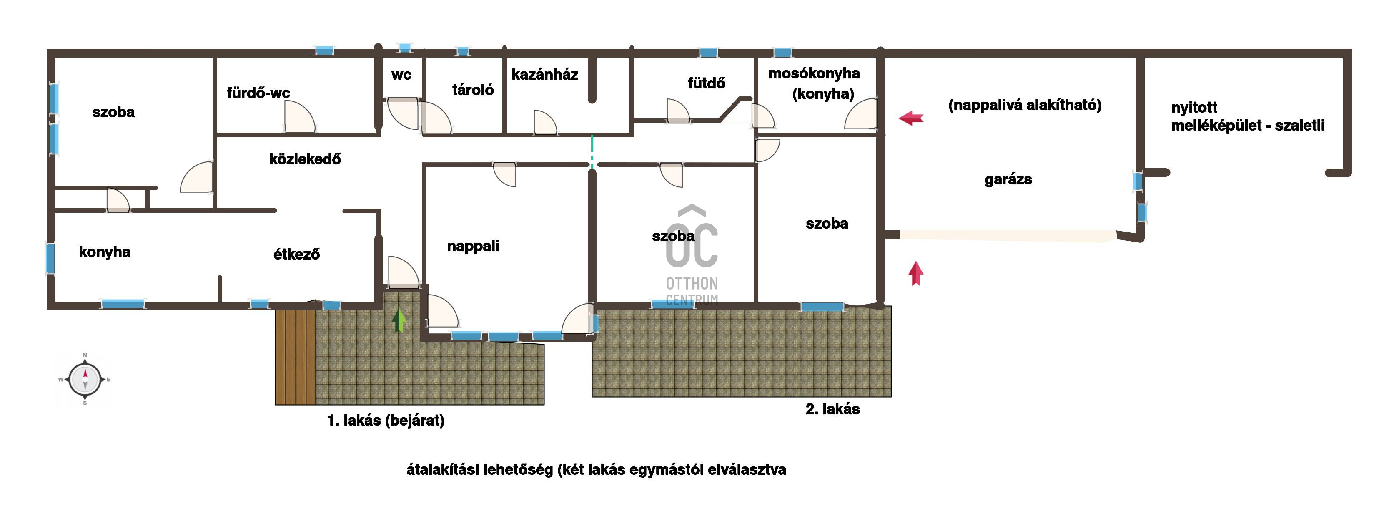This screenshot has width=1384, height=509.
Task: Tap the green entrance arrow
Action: [399, 320]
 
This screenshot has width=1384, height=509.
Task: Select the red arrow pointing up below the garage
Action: [916, 273]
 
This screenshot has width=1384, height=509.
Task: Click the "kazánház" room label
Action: [544, 75]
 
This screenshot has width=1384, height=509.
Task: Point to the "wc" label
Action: [401, 75]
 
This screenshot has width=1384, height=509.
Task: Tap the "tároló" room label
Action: [473, 90]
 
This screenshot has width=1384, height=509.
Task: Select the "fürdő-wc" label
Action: [258, 93]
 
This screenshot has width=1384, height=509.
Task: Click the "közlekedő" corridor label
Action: [305, 159]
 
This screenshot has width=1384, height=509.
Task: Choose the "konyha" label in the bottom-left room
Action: [104, 252]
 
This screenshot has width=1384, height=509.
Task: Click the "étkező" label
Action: [296, 254]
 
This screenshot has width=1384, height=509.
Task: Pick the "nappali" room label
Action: [473, 246]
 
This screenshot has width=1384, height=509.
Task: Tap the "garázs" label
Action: [1008, 179]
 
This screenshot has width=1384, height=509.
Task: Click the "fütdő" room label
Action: [706, 83]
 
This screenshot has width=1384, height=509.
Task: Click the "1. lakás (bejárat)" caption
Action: [386, 420]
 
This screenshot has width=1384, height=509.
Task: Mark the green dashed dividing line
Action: [592, 151]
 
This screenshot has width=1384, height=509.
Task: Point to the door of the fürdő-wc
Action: [299, 117]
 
